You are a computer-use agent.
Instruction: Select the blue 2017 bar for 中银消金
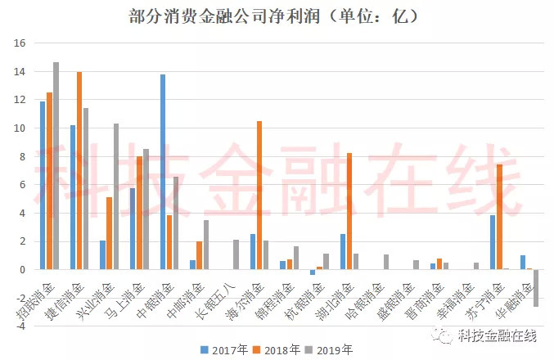[163, 172]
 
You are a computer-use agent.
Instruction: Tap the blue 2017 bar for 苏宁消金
[493, 242]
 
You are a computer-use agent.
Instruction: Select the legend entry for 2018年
[277, 349]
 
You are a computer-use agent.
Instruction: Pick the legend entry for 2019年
[334, 349]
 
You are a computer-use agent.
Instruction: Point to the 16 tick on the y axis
[22, 43]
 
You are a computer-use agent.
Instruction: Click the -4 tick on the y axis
[22, 326]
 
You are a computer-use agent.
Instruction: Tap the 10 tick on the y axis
[22, 128]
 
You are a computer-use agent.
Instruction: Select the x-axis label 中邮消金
[191, 299]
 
